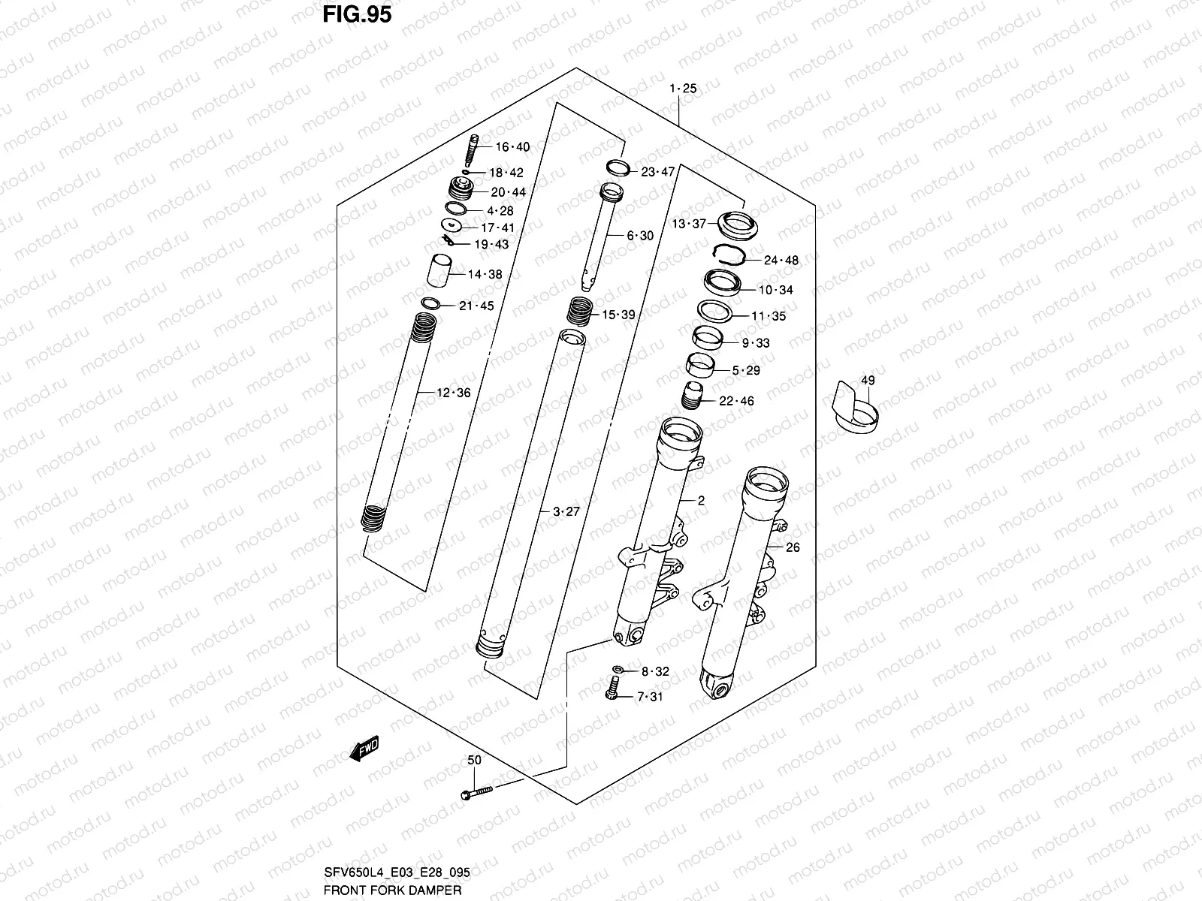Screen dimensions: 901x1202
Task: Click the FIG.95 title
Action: tap(357, 15)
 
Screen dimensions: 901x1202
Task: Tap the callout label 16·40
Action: tap(512, 147)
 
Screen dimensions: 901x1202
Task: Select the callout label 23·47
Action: tap(657, 172)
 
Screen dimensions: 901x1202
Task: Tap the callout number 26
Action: tap(793, 547)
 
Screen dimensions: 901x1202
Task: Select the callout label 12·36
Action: tap(453, 393)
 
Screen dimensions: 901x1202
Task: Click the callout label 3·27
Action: tap(566, 512)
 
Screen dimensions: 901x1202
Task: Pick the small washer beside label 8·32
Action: tap(618, 669)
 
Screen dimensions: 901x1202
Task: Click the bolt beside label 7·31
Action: tap(612, 689)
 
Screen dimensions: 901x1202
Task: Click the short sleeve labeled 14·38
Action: tap(440, 271)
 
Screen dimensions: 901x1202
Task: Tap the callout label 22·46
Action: tap(736, 401)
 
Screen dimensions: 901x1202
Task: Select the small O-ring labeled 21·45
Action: tap(431, 303)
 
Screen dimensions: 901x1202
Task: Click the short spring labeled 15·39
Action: tap(579, 309)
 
